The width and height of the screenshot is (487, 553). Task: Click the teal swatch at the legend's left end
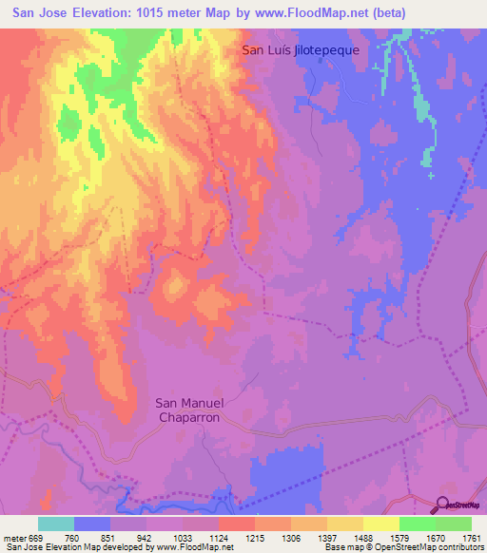pyautogui.click(x=56, y=524)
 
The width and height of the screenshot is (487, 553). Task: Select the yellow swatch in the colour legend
pyautogui.click(x=380, y=524)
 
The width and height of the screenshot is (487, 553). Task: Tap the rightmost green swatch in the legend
pyautogui.click(x=453, y=524)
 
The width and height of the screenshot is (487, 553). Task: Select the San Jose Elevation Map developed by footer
pyautogui.click(x=76, y=546)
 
